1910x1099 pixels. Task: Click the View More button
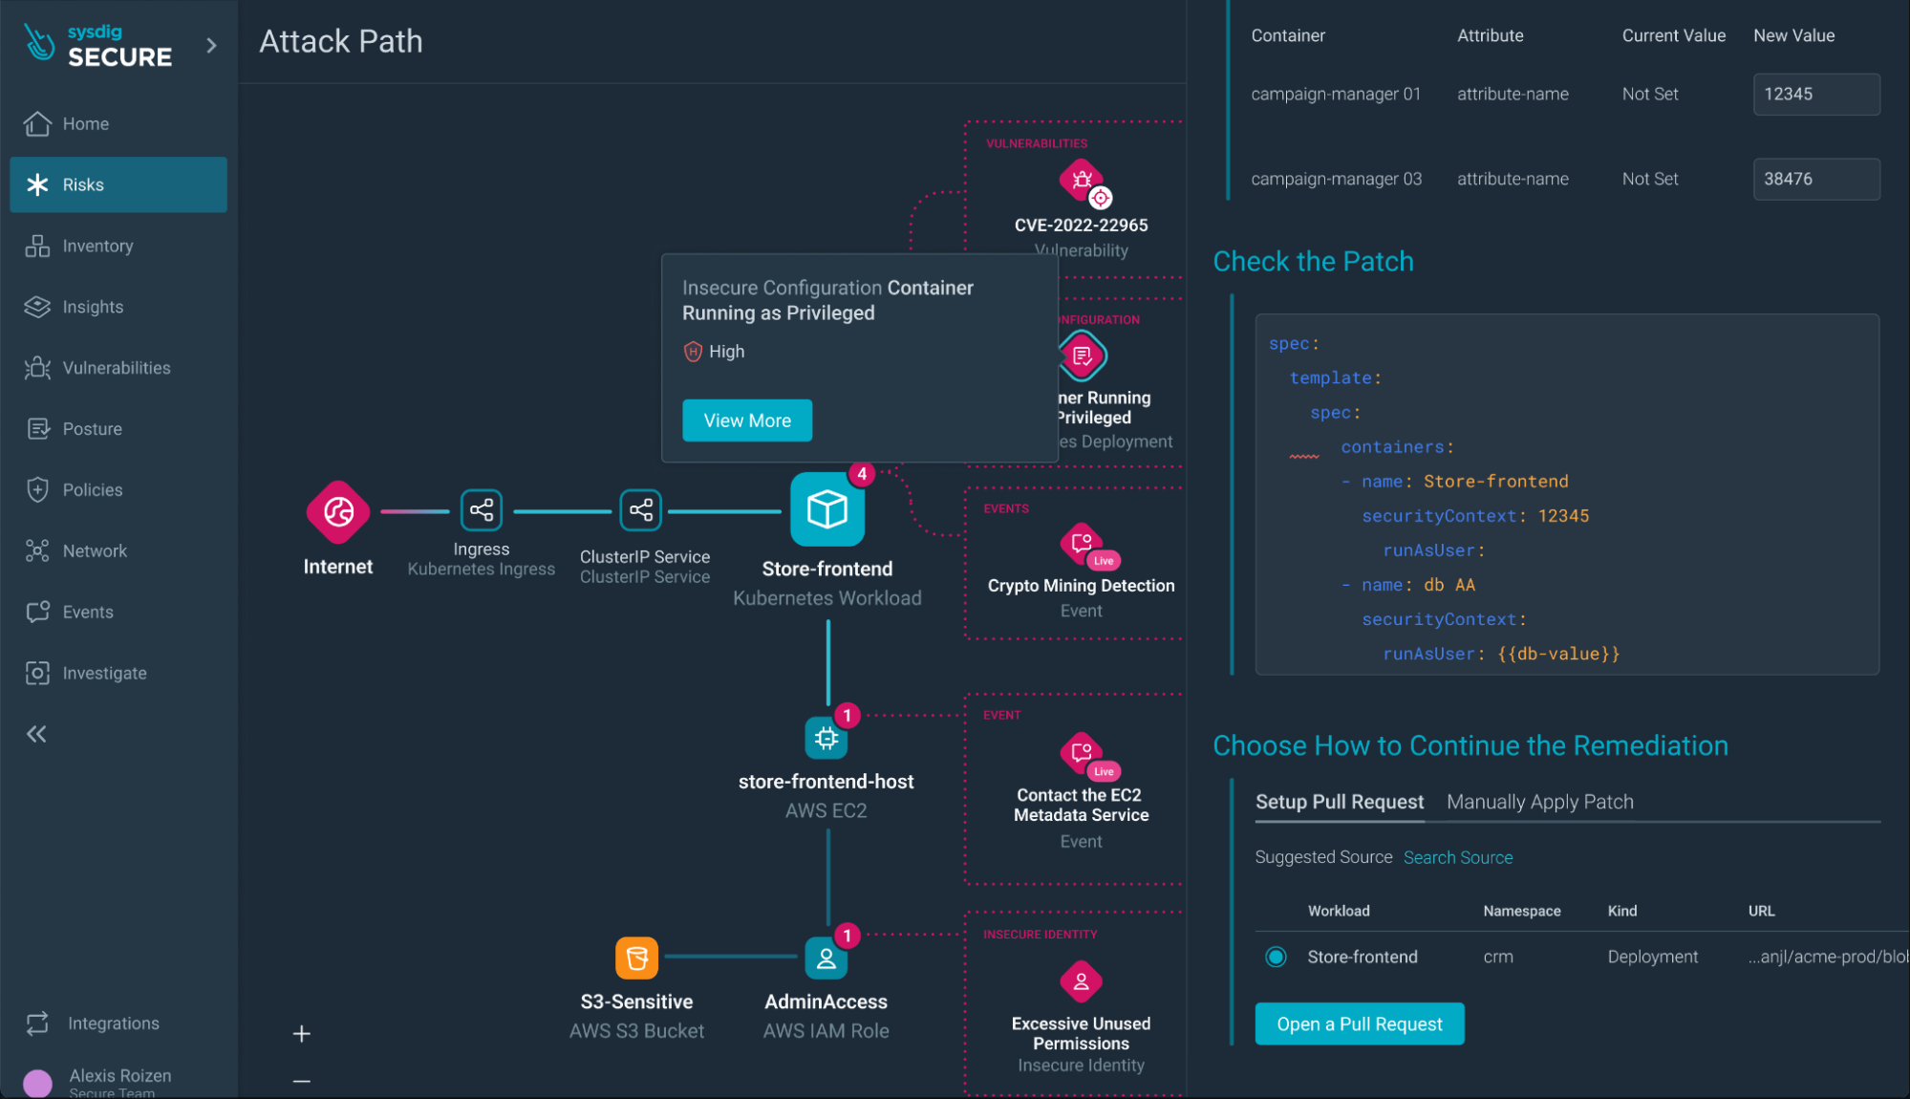tap(747, 420)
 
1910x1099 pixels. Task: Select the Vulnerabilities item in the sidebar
tap(116, 368)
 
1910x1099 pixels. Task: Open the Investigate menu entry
tap(104, 673)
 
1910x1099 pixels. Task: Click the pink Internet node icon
tap(338, 512)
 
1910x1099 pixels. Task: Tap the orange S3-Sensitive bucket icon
tap(636, 958)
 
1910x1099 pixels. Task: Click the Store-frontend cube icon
tap(826, 509)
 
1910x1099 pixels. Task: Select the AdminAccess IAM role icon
tap(826, 959)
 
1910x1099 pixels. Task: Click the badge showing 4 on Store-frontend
tap(862, 474)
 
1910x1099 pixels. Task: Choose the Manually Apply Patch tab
tap(1539, 802)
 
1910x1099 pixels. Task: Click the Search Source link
tap(1457, 857)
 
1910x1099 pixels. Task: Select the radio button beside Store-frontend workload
tap(1276, 957)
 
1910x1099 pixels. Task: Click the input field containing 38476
tap(1815, 179)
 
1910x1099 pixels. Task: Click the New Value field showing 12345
tap(1815, 94)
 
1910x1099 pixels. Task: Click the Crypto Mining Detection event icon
tap(1082, 544)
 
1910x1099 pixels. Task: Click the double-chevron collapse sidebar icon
tap(36, 734)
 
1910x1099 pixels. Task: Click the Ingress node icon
tap(482, 510)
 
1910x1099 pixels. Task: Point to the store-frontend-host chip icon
tap(826, 738)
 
